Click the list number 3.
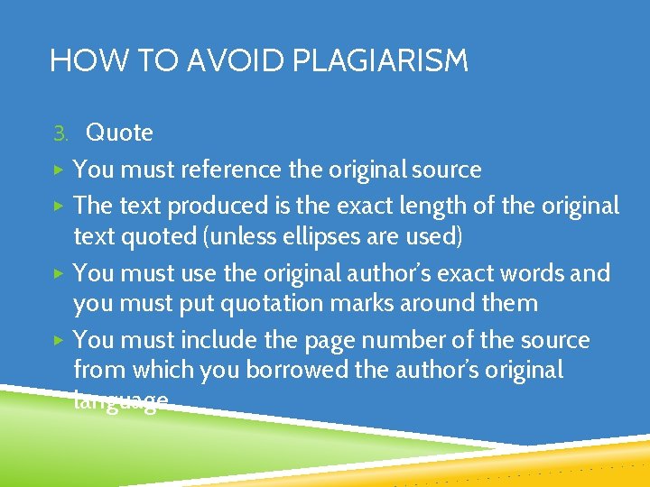point(60,134)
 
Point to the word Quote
point(119,133)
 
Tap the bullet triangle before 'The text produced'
point(57,206)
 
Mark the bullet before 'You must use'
point(57,272)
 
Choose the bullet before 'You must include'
point(57,340)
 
